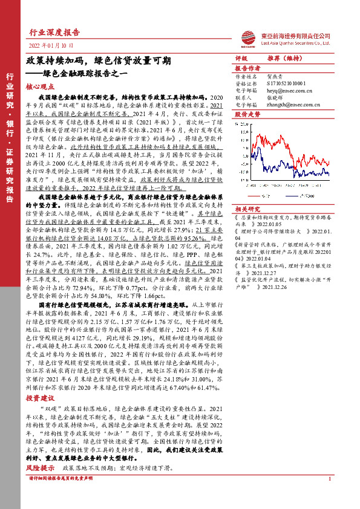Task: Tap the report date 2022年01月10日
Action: point(50,46)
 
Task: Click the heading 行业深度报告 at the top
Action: point(54,33)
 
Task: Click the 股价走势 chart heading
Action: point(247,114)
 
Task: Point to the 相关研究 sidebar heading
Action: point(247,207)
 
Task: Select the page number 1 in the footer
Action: point(329,479)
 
